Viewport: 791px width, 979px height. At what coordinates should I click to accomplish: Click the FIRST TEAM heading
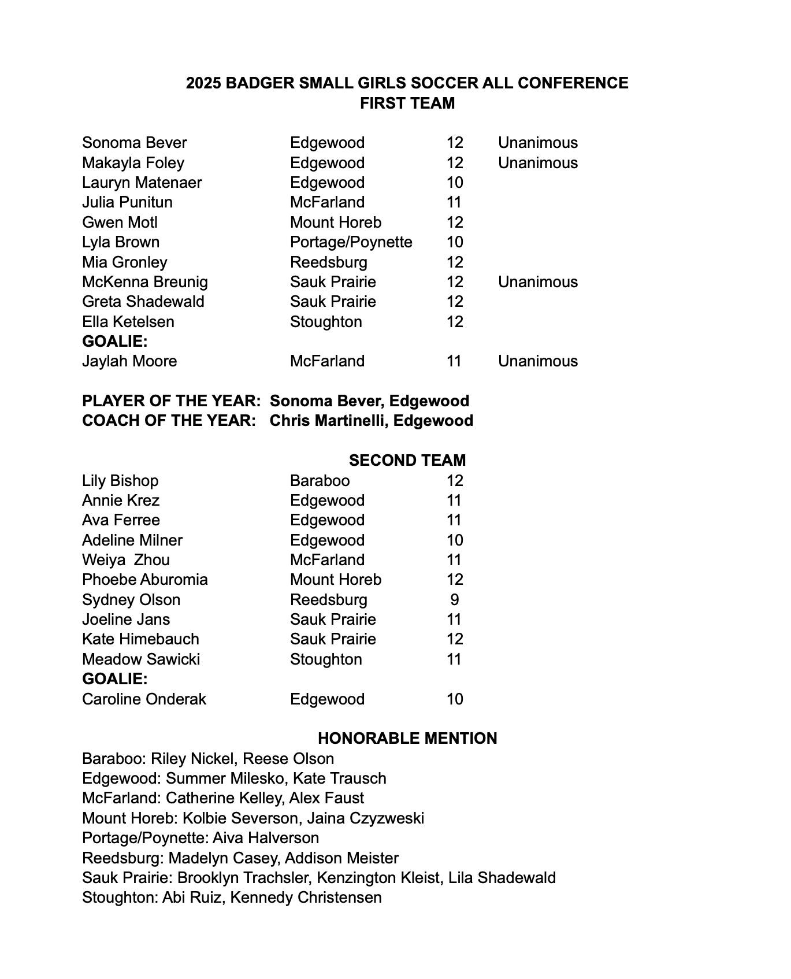click(x=407, y=103)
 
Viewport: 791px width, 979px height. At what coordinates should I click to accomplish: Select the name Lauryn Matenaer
click(x=142, y=183)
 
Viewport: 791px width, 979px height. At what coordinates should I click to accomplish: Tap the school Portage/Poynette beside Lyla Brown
click(x=351, y=242)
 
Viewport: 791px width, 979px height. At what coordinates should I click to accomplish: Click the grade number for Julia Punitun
click(x=454, y=202)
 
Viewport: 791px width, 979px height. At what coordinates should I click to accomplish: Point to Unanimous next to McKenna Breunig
click(x=537, y=282)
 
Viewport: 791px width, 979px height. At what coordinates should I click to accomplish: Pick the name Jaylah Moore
click(x=129, y=361)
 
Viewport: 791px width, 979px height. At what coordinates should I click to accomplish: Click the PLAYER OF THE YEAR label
click(x=171, y=401)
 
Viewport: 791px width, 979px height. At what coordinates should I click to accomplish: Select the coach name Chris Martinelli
click(x=328, y=421)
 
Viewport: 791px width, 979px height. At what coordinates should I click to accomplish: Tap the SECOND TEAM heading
click(x=407, y=461)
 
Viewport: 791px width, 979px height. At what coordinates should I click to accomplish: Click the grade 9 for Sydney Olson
click(x=455, y=600)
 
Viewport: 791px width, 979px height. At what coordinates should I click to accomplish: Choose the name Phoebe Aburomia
click(x=144, y=580)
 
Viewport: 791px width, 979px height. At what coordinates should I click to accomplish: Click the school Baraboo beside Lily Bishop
click(x=320, y=481)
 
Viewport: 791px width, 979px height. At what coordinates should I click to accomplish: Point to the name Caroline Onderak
click(x=144, y=699)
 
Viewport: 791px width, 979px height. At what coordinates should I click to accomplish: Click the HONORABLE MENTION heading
click(x=407, y=739)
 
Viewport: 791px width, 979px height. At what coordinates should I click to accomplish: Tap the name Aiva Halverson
click(x=266, y=838)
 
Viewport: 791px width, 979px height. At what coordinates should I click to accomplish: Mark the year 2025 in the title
click(x=203, y=83)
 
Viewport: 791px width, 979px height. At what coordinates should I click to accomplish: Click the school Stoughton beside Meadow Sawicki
click(x=326, y=659)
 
